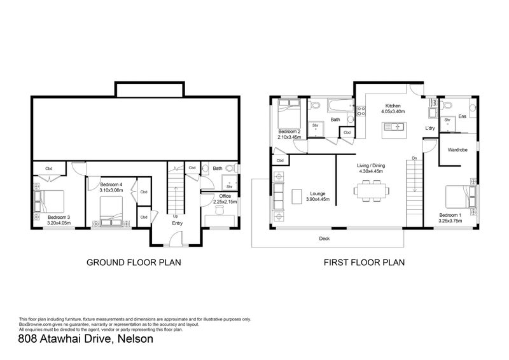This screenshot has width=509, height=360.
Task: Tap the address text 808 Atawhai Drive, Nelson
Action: coord(86,340)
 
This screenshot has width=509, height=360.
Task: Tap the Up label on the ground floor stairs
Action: coord(176,216)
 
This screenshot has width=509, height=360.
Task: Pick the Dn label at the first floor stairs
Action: coord(414,158)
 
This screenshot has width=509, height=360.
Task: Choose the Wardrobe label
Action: coord(458,151)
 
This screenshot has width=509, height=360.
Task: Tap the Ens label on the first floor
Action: coord(463,116)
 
